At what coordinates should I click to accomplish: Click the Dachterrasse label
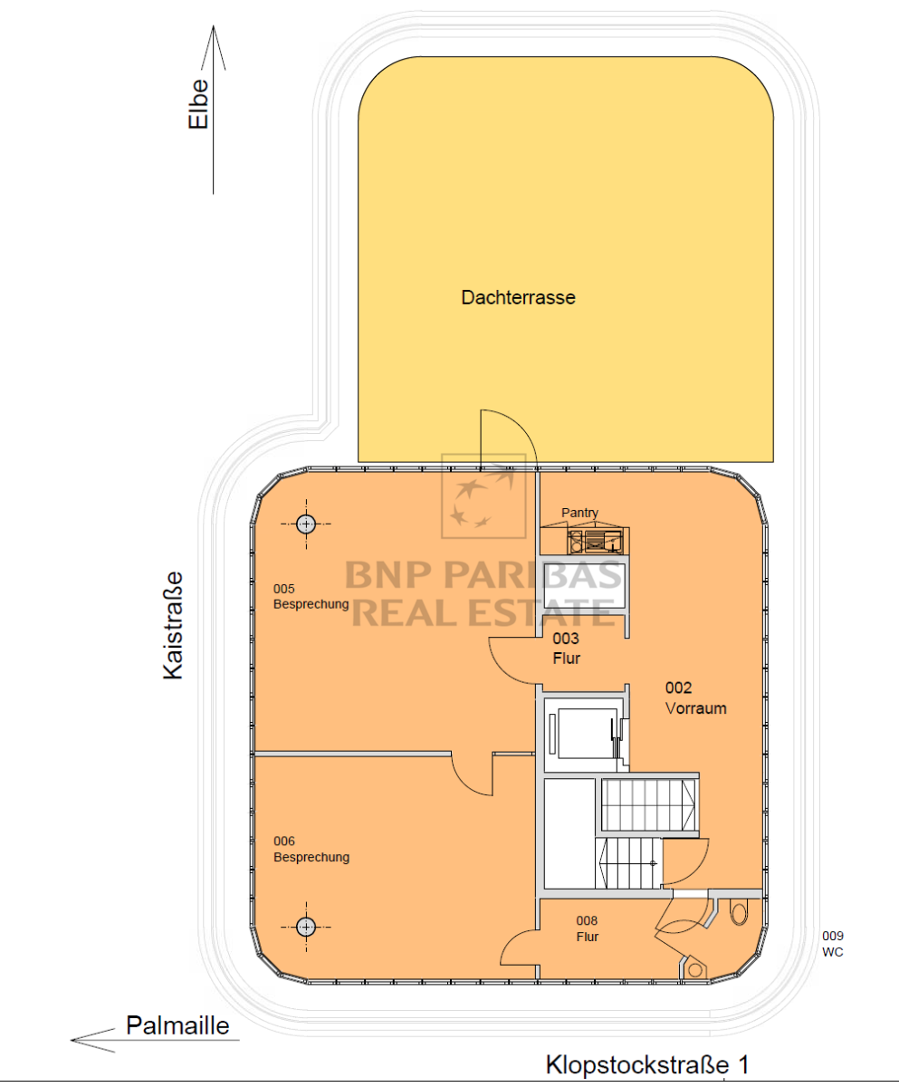[518, 297]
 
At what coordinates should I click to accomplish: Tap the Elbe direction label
[198, 104]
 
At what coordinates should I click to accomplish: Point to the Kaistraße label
[173, 625]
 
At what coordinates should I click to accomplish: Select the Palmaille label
[177, 1025]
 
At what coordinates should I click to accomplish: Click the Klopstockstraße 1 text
[647, 1064]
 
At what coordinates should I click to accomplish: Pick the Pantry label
[579, 513]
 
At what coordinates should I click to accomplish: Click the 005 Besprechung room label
[311, 596]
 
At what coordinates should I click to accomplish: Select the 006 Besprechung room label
[311, 849]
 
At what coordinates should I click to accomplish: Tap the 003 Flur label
[566, 649]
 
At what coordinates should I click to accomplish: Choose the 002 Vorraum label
[695, 698]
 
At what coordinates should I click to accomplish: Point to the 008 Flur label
[588, 928]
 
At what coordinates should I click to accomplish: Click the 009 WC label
[832, 944]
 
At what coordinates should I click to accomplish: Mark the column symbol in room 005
[306, 524]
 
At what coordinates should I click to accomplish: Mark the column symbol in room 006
[306, 927]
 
